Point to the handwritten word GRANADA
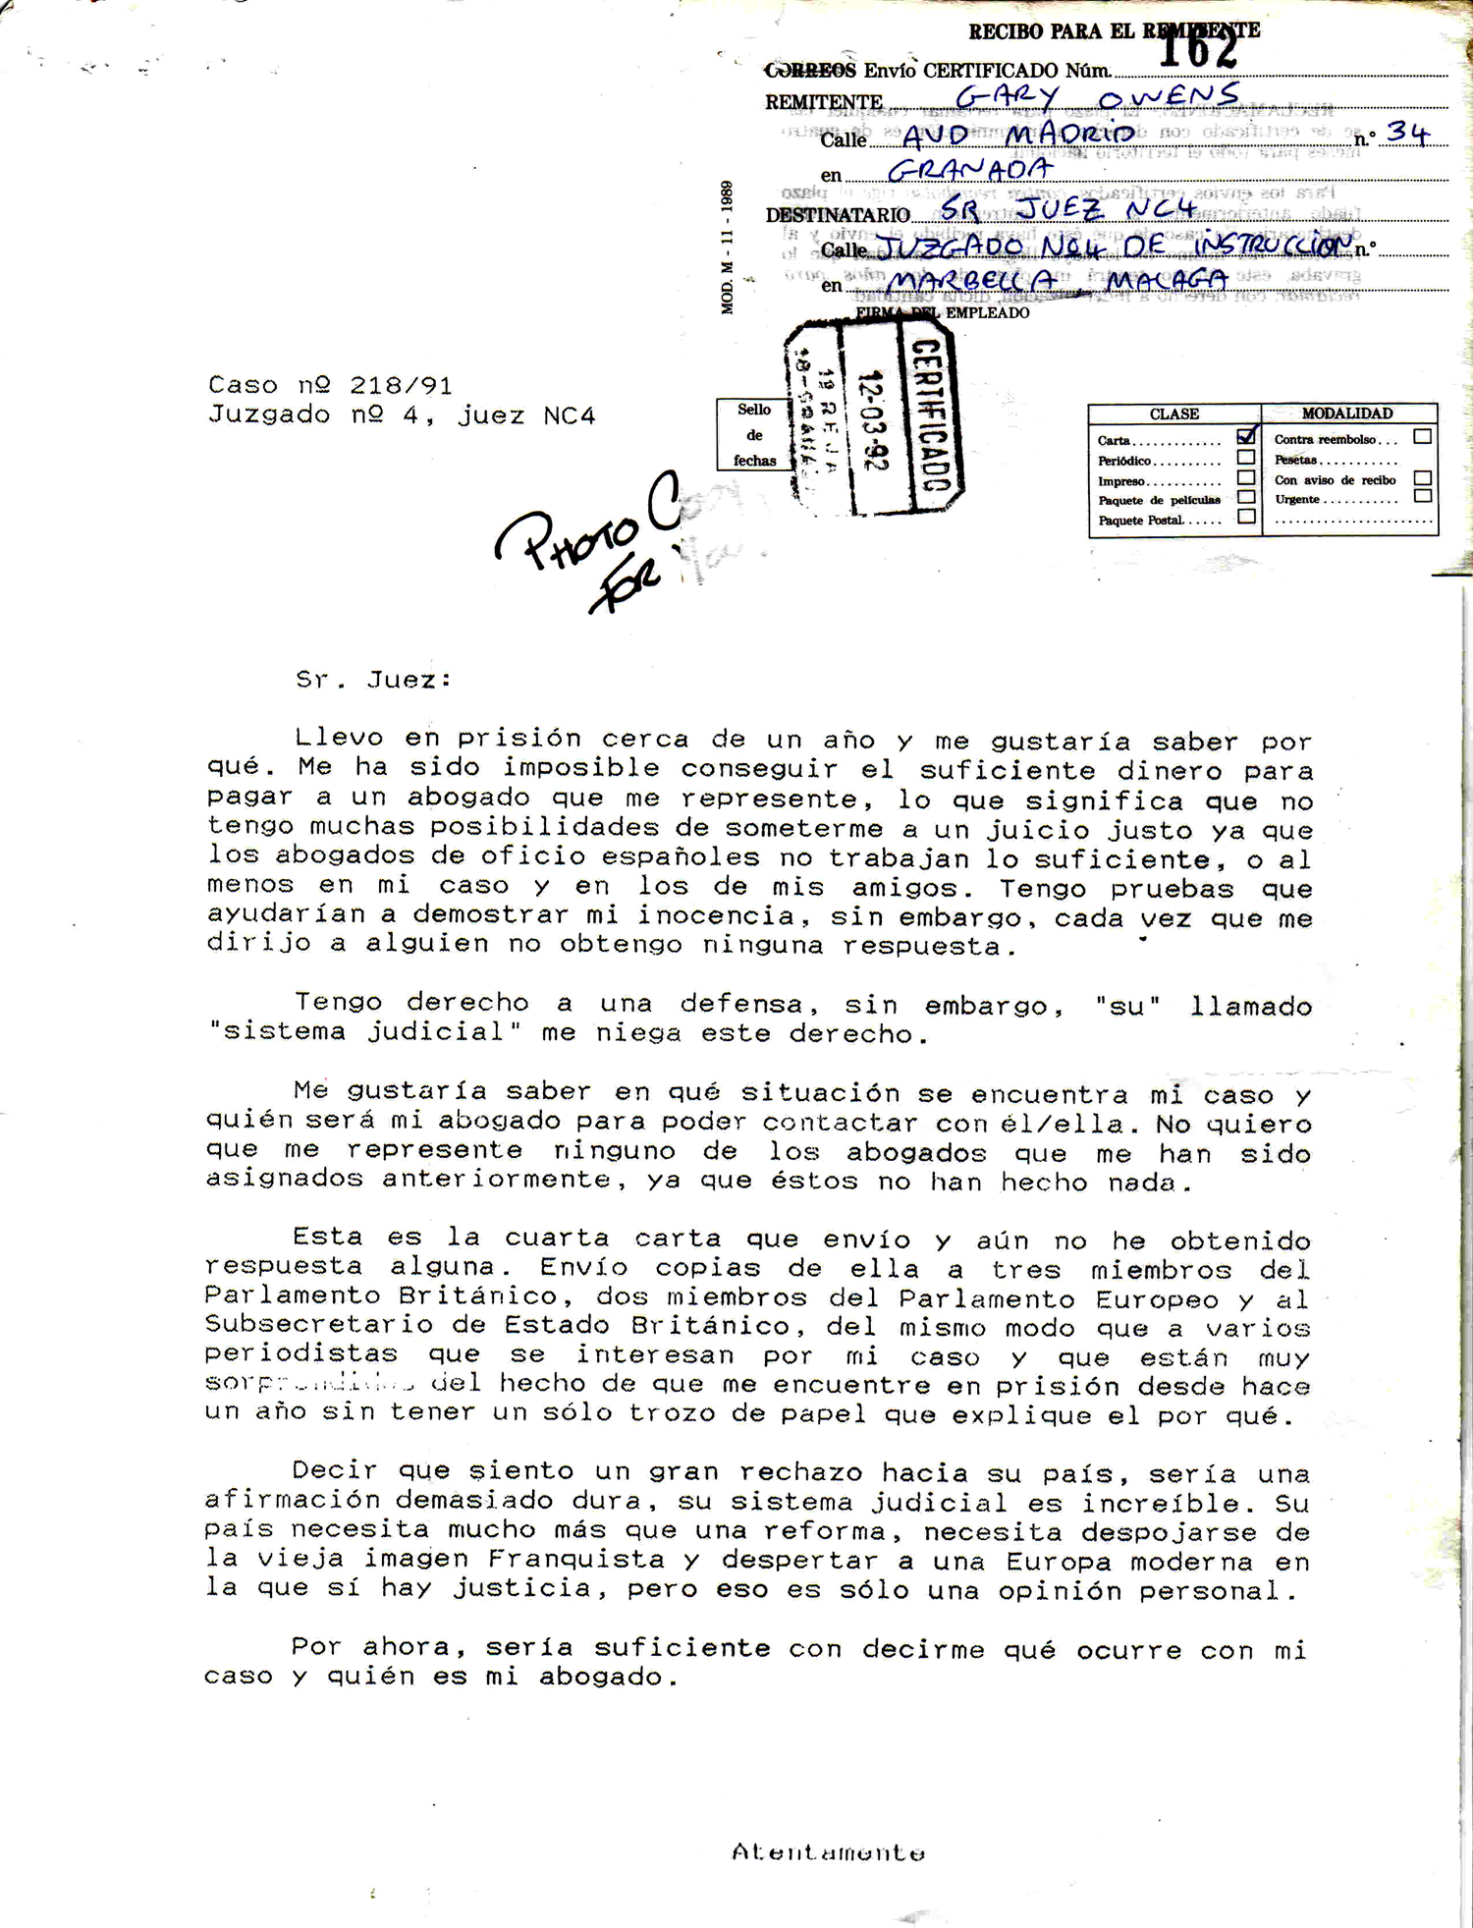point(969,170)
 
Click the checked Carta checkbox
point(1246,437)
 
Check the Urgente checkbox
point(1422,497)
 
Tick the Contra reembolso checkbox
point(1422,437)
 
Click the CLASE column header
point(1173,414)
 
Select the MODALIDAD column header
point(1347,413)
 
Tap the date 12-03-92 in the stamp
point(872,421)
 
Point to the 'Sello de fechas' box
point(754,435)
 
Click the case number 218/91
point(401,385)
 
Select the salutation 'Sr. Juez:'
point(373,680)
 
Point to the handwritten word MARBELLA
point(971,282)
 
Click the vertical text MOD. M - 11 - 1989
point(728,247)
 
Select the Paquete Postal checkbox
point(1246,517)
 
